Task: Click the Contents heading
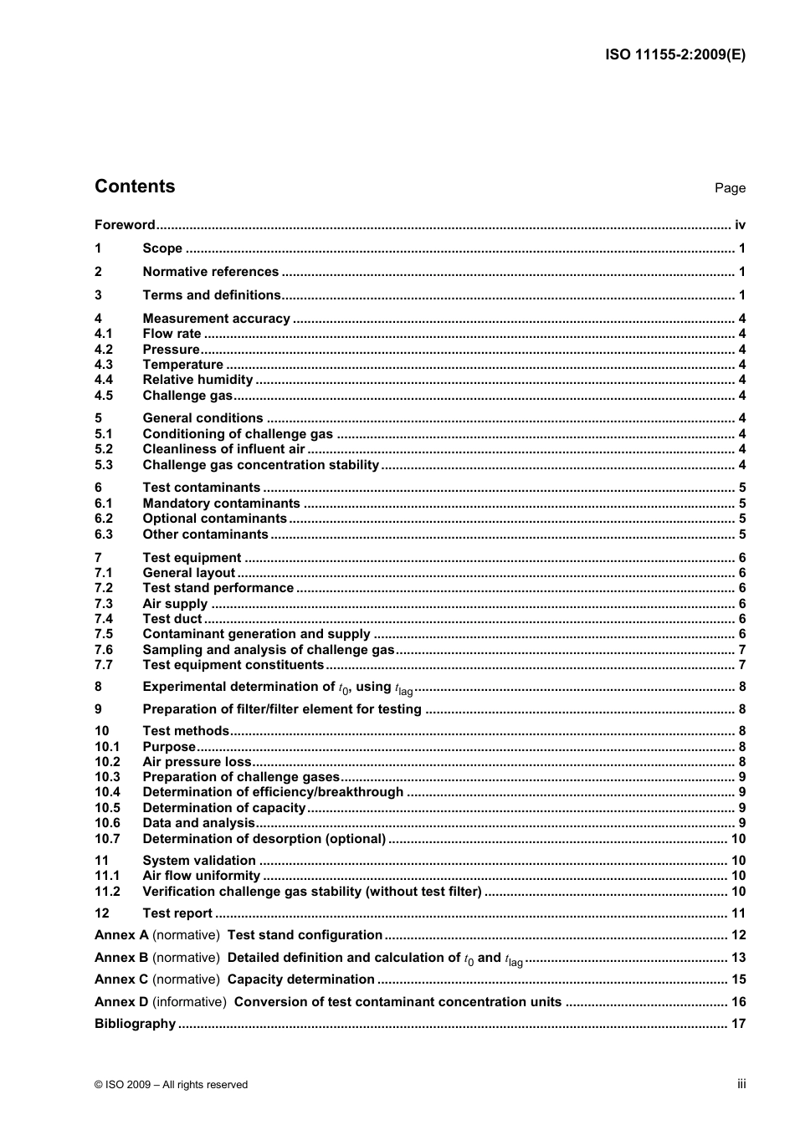coord(135,187)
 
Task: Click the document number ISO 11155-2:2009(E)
coord(674,55)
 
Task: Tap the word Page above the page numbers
coord(730,188)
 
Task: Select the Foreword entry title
coord(125,225)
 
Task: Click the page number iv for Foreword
coord(740,225)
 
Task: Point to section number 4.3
coord(104,365)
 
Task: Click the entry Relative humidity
coord(197,380)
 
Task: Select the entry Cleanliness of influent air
coord(223,449)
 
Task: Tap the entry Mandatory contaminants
coord(221,504)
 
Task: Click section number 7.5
coord(104,634)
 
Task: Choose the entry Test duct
coord(172,619)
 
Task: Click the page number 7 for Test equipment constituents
coord(742,665)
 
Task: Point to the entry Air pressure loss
coord(197,762)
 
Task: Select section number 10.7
coord(107,839)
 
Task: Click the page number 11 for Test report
coord(739,913)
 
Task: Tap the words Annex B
coord(121,958)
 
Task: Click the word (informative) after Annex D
coord(189,1002)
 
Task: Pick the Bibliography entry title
coord(135,1024)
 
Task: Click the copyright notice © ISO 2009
coord(171,1085)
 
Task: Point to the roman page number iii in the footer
coord(741,1084)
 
